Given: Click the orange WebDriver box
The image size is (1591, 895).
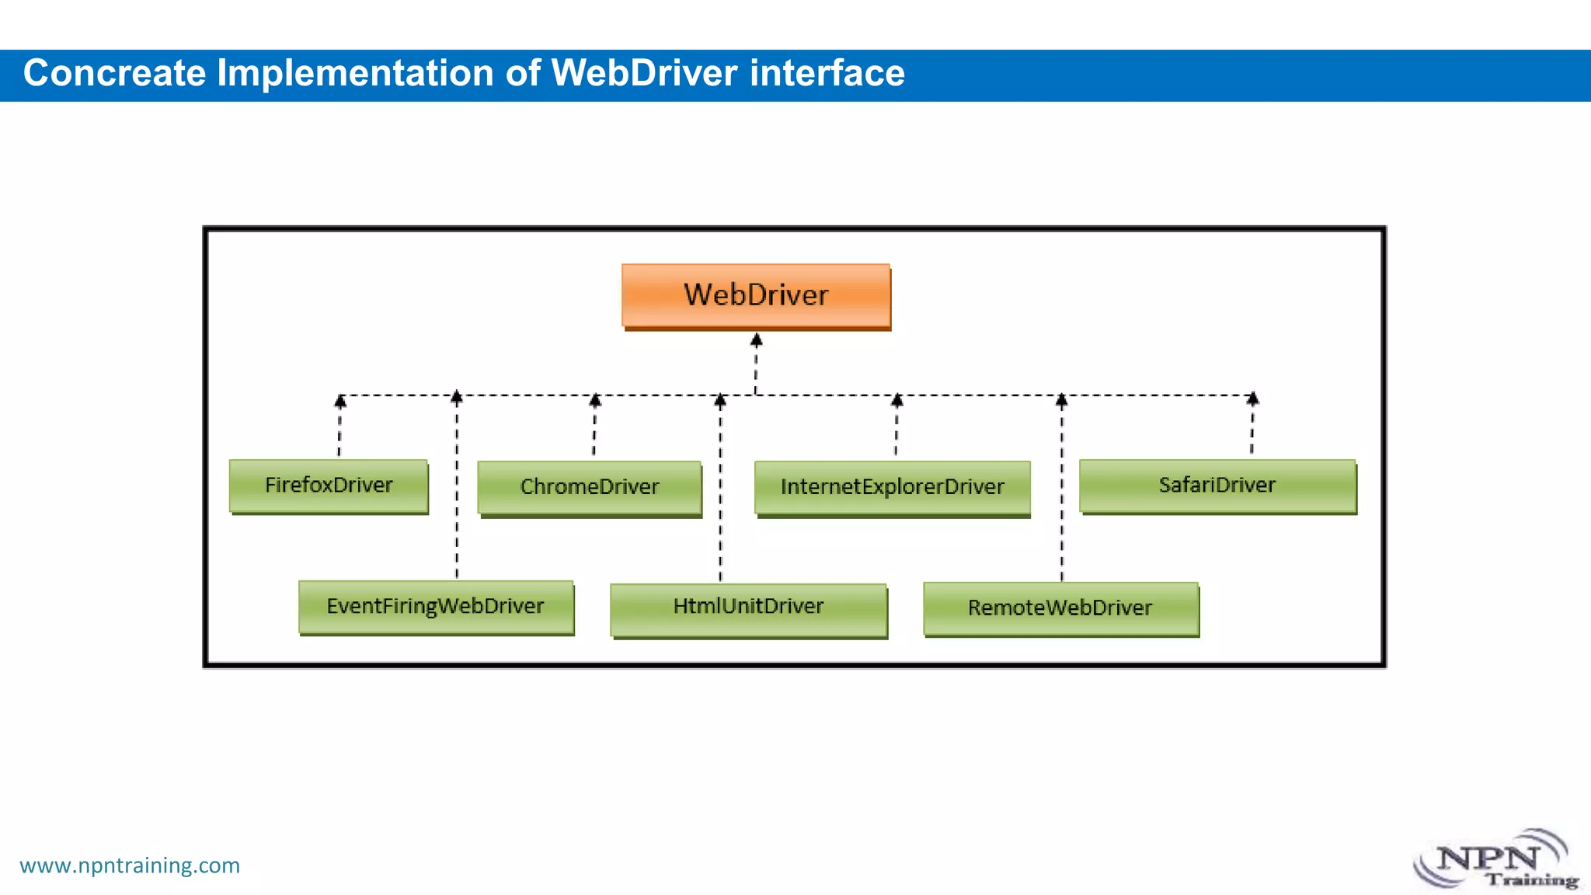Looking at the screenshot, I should click(756, 295).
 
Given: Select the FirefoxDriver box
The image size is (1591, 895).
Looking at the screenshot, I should click(329, 486).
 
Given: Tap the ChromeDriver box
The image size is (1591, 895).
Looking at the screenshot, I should click(590, 487).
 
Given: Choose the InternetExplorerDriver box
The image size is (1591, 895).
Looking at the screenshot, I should click(892, 487).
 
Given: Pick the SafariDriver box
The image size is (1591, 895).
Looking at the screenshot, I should click(1217, 486).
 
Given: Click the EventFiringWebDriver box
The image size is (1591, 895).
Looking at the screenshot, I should click(436, 607).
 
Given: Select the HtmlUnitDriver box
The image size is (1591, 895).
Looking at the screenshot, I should click(748, 607).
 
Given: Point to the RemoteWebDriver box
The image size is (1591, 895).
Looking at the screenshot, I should click(1060, 608).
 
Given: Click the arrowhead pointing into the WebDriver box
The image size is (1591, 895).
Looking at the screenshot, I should click(756, 340).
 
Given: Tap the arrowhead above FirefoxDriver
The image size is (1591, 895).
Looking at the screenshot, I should click(339, 401).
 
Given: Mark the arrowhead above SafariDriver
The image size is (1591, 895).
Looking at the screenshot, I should click(1252, 399).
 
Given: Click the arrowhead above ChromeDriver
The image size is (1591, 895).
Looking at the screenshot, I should click(595, 400).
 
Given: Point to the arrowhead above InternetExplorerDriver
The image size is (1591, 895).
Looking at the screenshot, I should click(896, 400).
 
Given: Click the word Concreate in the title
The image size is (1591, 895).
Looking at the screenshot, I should click(114, 74).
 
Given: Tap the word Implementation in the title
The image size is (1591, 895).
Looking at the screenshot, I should click(355, 74).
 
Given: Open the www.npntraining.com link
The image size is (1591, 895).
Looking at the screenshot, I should click(130, 865).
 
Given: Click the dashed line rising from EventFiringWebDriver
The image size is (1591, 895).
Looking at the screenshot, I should click(457, 505).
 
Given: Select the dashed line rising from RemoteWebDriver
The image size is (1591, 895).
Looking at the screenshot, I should click(1062, 505).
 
